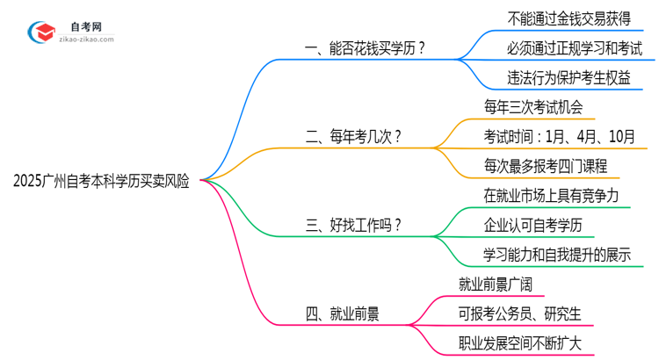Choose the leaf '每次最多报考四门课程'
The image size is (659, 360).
pyautogui.click(x=546, y=165)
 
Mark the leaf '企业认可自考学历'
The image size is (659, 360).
pyautogui.click(x=532, y=225)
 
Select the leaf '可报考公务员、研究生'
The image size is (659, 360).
pyautogui.click(x=519, y=313)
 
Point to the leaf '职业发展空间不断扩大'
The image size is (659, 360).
pyautogui.click(x=520, y=342)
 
